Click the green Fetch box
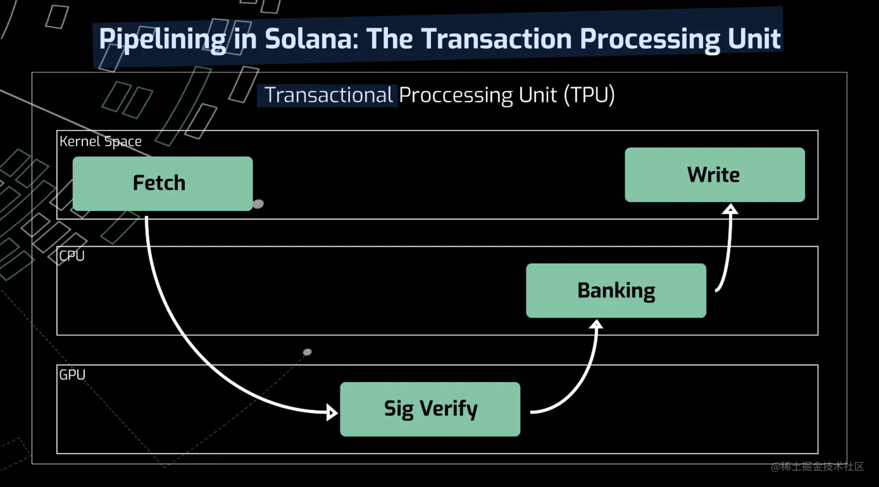162,183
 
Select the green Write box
714,175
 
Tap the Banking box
616,291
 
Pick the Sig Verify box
430,409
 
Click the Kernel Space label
101,141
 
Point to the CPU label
72,256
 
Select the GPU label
72,375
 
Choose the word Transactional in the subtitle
328,95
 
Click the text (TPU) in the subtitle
589,95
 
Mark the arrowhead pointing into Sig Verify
333,413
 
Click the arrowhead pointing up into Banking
596,324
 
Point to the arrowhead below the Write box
731,209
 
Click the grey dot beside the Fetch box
258,204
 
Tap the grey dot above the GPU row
308,352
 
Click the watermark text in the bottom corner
817,467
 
